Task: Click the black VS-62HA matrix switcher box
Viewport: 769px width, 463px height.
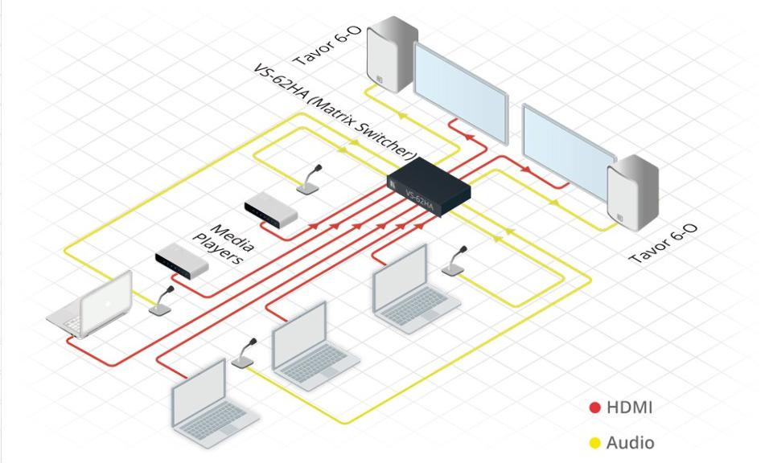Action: (429, 186)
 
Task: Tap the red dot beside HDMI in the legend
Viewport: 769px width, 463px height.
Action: (595, 408)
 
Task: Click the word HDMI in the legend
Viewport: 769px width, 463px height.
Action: (629, 408)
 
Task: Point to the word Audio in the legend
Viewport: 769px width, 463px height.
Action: (630, 443)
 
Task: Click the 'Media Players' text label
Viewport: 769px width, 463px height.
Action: (224, 244)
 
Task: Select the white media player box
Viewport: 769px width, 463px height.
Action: (271, 210)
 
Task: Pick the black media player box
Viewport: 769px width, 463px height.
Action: (182, 260)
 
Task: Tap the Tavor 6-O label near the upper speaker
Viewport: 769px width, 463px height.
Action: (327, 46)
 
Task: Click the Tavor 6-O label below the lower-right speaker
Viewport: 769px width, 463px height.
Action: (663, 244)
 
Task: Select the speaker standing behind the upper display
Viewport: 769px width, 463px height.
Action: (393, 54)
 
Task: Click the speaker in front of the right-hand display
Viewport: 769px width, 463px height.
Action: (633, 193)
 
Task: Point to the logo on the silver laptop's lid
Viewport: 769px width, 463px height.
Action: (108, 303)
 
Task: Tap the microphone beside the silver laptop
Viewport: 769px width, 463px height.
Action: (161, 301)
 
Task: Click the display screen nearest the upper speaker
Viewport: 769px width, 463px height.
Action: (461, 93)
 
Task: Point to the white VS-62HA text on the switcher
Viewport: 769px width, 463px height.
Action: (419, 200)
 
